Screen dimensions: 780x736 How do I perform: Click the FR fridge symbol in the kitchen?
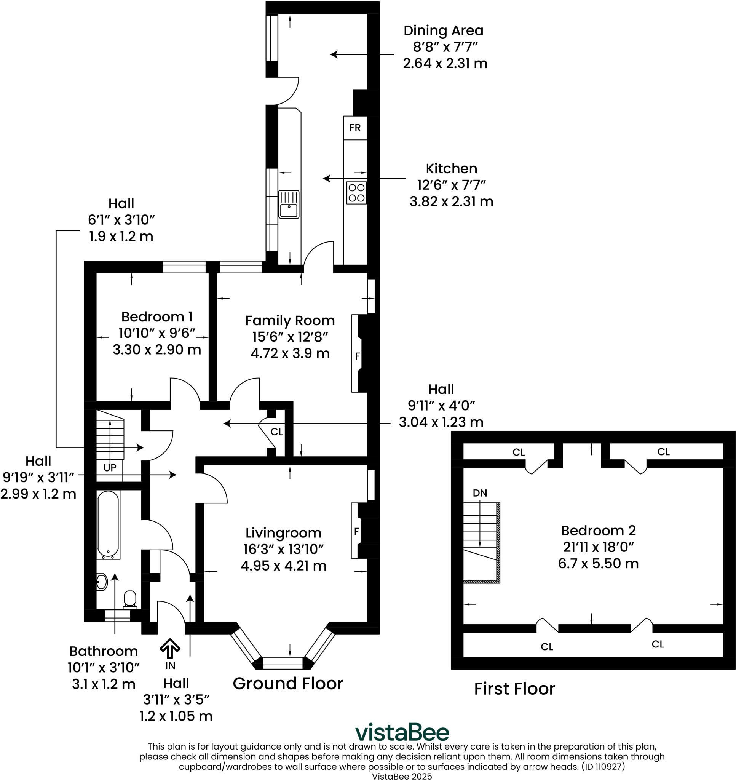[354, 128]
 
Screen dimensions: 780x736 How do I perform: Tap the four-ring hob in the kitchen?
[356, 193]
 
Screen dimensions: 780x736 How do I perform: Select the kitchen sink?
[289, 205]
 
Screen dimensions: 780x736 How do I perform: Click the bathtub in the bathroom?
[108, 524]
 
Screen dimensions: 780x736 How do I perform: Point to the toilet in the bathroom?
[130, 599]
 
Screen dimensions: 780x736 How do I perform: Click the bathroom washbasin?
[102, 582]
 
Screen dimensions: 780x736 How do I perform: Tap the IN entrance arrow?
[170, 649]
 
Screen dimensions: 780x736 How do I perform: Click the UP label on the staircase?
[110, 468]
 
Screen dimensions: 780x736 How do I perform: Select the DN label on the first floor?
[480, 493]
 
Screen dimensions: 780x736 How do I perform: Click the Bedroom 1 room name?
[156, 316]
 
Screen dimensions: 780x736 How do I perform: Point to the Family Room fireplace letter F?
[358, 356]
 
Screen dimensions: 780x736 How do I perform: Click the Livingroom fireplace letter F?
[356, 531]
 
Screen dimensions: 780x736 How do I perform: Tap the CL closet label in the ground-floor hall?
[276, 432]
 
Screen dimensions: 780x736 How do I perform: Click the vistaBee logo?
[402, 732]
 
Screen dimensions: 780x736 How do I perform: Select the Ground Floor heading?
[287, 684]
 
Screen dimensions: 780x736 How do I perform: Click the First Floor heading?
[514, 689]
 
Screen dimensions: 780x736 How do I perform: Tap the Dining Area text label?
[443, 30]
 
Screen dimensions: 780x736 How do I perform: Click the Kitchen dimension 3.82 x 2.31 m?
[451, 201]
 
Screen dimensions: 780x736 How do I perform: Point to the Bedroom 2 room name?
[598, 531]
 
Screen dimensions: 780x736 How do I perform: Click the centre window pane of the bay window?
[283, 663]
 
